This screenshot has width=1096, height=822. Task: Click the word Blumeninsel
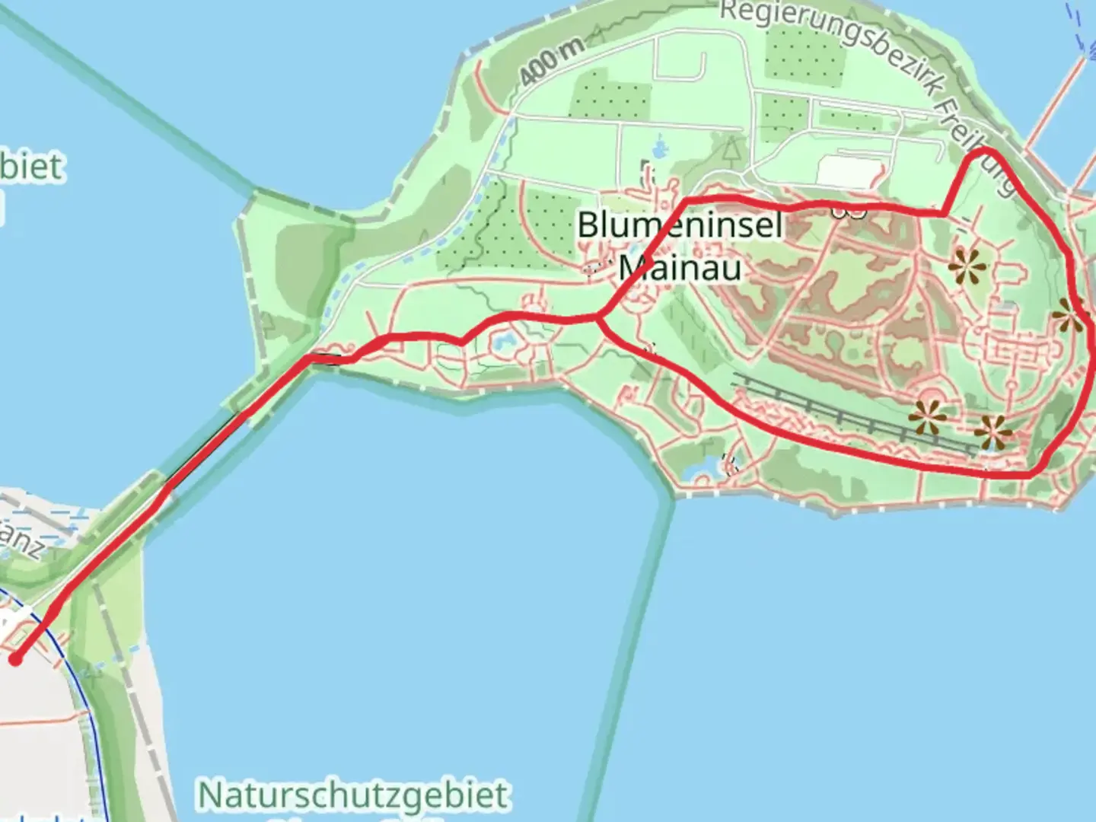point(680,225)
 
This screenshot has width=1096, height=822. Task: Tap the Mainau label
point(680,267)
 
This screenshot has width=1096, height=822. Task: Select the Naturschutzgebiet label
point(353,795)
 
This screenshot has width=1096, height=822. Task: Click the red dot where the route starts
point(15,659)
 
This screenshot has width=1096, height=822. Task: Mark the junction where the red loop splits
point(601,317)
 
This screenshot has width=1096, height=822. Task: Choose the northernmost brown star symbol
point(968,267)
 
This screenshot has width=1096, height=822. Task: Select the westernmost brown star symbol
point(928,417)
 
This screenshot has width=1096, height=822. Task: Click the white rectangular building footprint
point(845,171)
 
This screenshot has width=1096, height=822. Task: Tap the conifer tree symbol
point(731,148)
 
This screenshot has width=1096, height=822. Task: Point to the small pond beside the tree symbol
point(659,146)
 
